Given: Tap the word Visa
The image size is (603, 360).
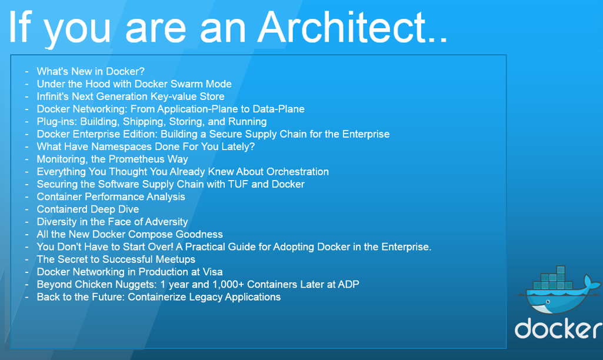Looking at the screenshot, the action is [212, 272].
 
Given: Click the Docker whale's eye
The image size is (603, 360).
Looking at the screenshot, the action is [548, 302].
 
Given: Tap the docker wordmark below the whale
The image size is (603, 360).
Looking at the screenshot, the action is [558, 328].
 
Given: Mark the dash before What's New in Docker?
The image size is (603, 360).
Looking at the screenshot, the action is [27, 72].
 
